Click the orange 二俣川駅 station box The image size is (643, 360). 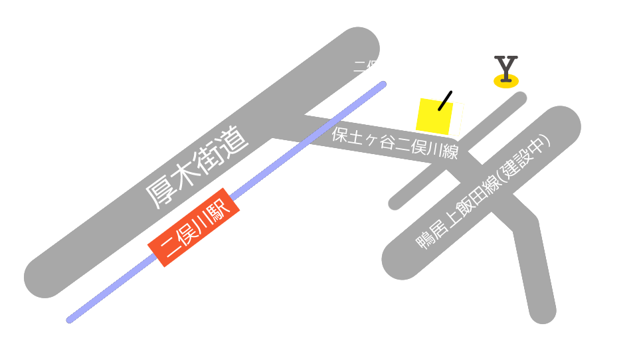(x=193, y=227)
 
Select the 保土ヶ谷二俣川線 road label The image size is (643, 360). (x=395, y=143)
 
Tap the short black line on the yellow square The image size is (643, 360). (x=445, y=100)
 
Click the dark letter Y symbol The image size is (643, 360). (x=506, y=68)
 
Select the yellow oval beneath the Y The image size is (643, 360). (x=506, y=82)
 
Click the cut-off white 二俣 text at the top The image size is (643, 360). (x=366, y=65)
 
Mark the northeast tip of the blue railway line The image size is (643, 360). (x=383, y=84)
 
